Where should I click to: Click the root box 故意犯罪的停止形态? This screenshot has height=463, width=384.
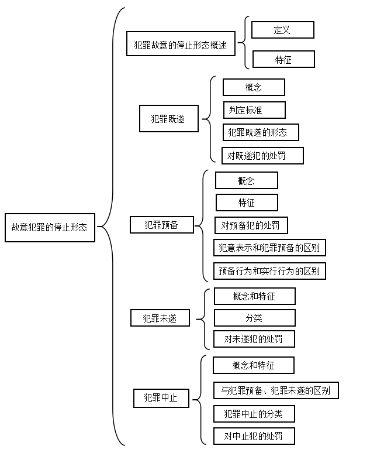pos(50,227)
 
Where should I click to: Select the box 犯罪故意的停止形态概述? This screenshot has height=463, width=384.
pos(181,43)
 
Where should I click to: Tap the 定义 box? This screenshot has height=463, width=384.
pos(282,29)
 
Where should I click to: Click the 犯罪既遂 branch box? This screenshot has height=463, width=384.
pos(169,118)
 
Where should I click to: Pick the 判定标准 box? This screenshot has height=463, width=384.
pos(254,110)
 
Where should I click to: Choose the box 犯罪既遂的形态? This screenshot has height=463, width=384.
pos(261,132)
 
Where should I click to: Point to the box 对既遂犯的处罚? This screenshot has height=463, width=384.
pos(262,156)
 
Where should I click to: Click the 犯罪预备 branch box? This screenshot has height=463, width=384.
pos(162,225)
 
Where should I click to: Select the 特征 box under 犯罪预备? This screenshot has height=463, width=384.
pos(247,203)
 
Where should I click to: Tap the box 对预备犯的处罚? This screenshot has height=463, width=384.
pos(251,225)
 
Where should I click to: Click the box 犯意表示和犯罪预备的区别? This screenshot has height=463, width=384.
pos(269,248)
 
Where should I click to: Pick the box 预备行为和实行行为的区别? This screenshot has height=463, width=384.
pos(269,271)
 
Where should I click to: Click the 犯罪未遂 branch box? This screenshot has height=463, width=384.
pos(160,318)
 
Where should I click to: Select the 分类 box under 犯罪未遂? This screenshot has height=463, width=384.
pos(254,318)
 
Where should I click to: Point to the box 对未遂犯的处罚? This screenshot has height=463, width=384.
pos(254,339)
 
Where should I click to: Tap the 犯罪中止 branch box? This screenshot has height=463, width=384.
pos(161,399)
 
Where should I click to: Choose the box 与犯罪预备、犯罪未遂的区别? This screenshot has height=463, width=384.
pos(276,390)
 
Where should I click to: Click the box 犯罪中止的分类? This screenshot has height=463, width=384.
pos(254,414)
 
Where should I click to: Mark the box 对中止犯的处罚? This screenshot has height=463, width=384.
pos(254,436)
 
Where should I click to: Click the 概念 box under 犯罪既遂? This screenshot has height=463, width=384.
pos(254,87)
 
